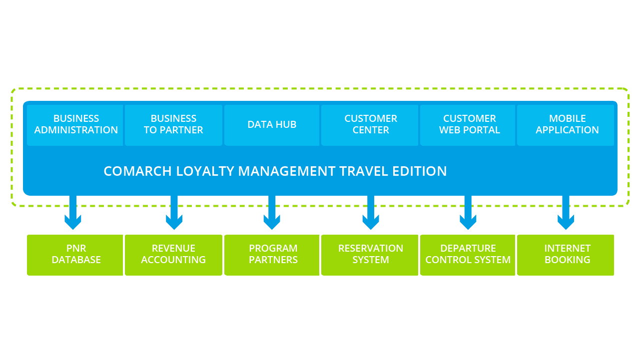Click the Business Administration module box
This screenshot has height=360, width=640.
[x=76, y=125]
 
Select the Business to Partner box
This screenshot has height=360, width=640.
[x=173, y=125]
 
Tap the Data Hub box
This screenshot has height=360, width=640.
[x=272, y=125]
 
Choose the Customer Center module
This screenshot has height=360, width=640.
[x=370, y=125]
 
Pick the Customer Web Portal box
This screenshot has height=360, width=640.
[x=469, y=125]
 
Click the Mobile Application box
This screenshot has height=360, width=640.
[x=567, y=125]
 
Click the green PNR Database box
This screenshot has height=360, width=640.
[x=76, y=255]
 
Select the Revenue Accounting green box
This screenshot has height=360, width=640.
[x=173, y=255]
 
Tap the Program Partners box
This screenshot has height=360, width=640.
[x=273, y=255]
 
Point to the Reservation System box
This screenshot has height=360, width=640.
[x=370, y=255]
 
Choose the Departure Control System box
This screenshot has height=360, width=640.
[x=468, y=255]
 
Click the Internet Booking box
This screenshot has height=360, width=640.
[x=567, y=255]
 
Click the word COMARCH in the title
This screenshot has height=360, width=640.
[x=137, y=171]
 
